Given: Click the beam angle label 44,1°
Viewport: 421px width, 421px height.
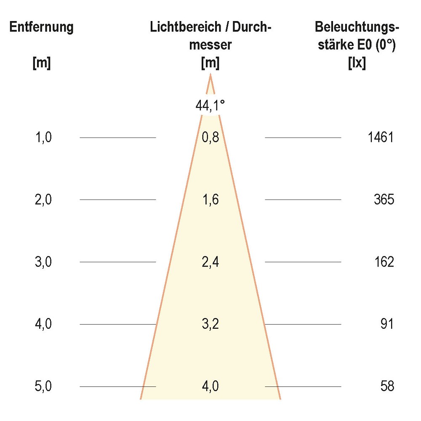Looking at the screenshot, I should click(210, 106).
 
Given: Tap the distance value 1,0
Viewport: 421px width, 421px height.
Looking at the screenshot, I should click(43, 137).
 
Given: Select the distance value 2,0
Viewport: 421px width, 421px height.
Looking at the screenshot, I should click(43, 200).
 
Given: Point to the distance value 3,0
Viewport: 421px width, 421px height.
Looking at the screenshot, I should click(43, 262).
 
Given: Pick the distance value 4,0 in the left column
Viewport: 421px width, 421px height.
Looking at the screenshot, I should click(43, 324).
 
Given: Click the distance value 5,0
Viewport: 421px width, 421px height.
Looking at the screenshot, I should click(43, 386).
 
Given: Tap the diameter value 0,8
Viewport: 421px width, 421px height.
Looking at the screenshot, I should click(210, 137).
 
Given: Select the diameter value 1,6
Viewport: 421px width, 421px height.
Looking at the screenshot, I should click(210, 200).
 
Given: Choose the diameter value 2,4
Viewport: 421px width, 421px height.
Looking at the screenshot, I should click(210, 262).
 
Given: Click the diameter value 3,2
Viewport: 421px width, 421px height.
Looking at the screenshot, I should click(210, 324).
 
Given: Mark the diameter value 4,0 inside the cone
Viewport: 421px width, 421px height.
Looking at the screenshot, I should click(210, 386).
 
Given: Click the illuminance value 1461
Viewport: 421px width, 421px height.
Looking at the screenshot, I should click(380, 137).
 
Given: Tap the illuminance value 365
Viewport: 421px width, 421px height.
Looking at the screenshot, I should click(384, 200).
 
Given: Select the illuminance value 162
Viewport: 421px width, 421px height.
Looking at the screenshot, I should click(384, 262).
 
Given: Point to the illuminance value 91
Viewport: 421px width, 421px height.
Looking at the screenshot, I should click(386, 324).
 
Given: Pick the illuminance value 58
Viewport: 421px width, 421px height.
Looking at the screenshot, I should click(386, 386).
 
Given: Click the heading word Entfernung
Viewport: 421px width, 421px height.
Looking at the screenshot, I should click(42, 27).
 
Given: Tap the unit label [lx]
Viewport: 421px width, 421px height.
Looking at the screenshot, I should click(357, 63).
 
